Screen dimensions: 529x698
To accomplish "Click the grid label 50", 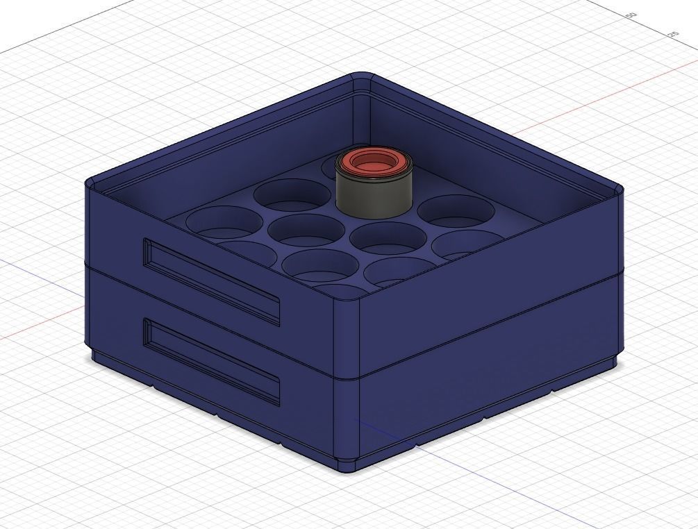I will tap(631, 15).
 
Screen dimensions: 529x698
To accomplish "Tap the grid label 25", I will tap(672, 34).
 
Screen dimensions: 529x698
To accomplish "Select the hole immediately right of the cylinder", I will tap(455, 210).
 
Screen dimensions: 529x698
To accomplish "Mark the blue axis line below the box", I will tap(486, 479).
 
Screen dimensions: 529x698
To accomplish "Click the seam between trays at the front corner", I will tap(347, 378).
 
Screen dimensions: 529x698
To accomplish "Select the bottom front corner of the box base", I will tap(347, 467).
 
